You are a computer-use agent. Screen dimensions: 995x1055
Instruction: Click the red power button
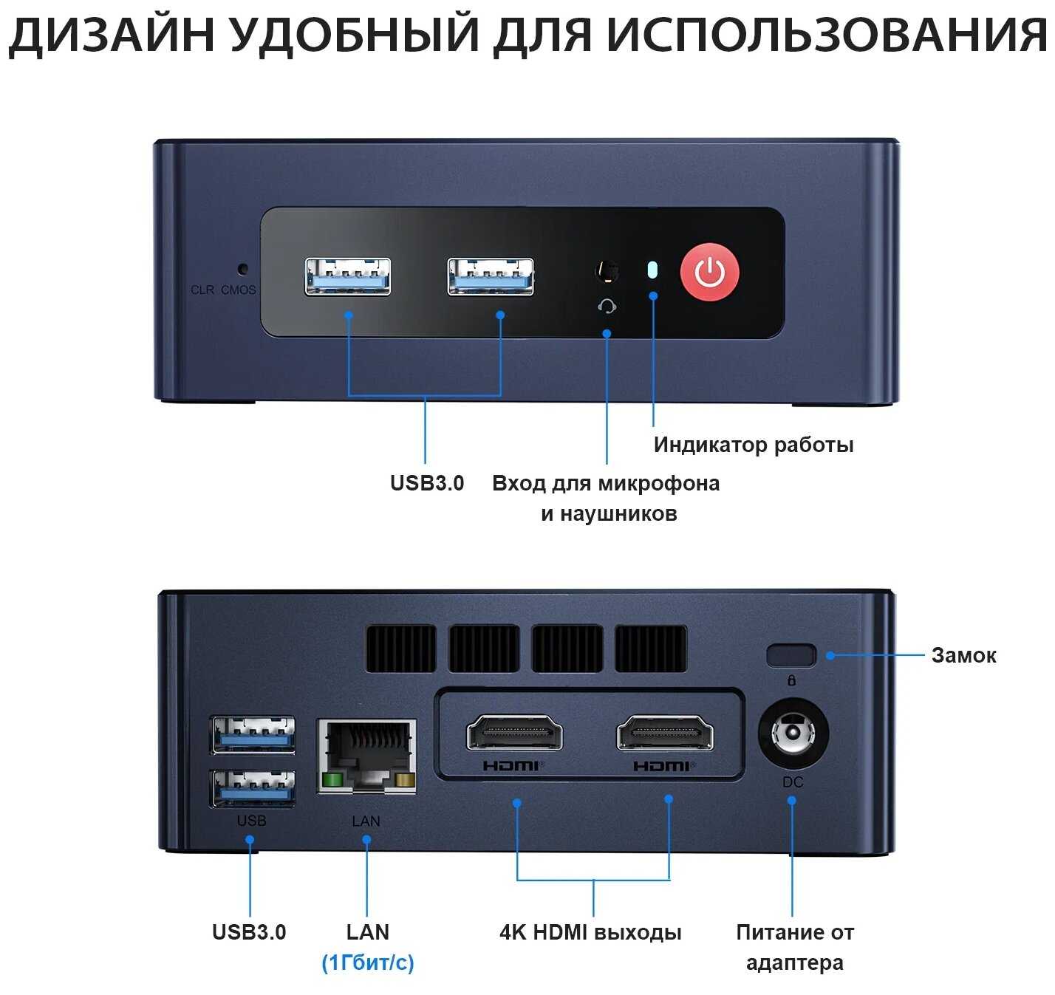tap(709, 272)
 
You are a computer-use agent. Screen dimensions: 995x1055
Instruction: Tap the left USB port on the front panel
tap(348, 276)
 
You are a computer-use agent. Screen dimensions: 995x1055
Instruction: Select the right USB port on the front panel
tap(491, 276)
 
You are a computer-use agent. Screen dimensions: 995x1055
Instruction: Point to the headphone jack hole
tap(607, 272)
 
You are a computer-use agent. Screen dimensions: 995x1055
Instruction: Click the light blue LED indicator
tap(652, 270)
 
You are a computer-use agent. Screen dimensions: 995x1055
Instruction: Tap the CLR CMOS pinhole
tap(242, 270)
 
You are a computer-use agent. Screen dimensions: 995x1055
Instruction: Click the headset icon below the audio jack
tap(607, 306)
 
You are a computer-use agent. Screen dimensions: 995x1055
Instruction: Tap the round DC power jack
tap(793, 734)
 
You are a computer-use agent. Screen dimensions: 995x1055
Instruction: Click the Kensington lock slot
tap(791, 655)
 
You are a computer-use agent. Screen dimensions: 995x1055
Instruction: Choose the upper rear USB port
tap(253, 734)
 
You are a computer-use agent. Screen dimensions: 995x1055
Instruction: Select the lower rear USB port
tap(253, 788)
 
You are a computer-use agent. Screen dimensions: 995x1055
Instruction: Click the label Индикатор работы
tap(753, 445)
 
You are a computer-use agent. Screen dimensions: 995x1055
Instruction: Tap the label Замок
tap(963, 655)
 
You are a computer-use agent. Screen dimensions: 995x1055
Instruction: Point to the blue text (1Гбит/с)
tap(367, 962)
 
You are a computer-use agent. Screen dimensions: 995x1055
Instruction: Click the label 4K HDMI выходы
tap(590, 932)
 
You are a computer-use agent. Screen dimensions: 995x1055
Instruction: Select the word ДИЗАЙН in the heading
tap(111, 33)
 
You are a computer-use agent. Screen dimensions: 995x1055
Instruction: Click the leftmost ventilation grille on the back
tap(400, 649)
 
